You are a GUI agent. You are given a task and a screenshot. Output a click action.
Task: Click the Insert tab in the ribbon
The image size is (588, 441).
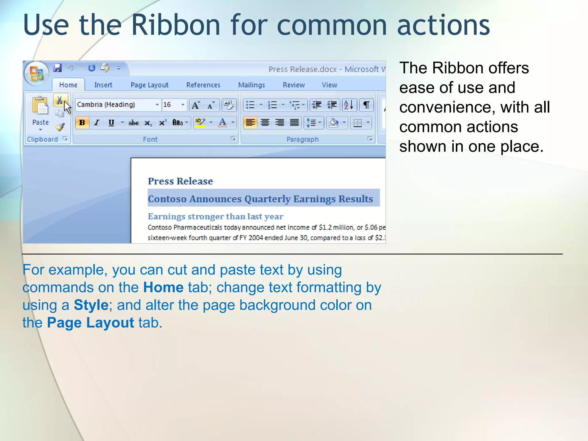(x=103, y=85)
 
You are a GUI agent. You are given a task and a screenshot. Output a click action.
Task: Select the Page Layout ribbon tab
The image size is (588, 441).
(x=149, y=85)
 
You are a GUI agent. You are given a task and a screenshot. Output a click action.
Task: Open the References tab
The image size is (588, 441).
(x=203, y=85)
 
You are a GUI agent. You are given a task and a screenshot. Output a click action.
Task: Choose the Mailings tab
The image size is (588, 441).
(x=252, y=85)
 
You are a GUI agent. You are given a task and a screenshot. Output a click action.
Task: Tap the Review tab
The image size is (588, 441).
(x=294, y=85)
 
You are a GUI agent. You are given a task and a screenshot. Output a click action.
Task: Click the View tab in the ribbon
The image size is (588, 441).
(x=329, y=85)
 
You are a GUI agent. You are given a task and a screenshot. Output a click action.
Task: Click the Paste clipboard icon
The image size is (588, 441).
(x=40, y=106)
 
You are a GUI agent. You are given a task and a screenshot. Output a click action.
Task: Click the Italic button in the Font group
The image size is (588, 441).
(x=97, y=123)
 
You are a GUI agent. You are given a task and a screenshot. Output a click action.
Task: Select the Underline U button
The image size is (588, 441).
(x=111, y=123)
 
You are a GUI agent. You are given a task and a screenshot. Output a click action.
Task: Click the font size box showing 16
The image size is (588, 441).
(x=171, y=105)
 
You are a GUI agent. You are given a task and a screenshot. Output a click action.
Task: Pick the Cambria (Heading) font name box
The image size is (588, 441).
(x=115, y=105)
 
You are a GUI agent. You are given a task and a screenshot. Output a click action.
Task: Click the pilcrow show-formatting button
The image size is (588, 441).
(x=366, y=105)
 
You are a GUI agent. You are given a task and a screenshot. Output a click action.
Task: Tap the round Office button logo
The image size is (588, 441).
(x=36, y=73)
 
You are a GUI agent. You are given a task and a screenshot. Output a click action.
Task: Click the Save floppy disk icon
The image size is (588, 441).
(x=57, y=68)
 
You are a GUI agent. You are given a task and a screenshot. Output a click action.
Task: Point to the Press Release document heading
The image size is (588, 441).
(x=180, y=181)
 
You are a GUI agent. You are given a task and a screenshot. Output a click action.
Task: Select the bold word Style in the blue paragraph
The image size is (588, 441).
(x=91, y=305)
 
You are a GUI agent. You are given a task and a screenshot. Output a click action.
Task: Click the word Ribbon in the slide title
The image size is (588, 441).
(x=176, y=25)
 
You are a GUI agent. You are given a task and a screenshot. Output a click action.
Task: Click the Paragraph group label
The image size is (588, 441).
(x=303, y=140)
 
